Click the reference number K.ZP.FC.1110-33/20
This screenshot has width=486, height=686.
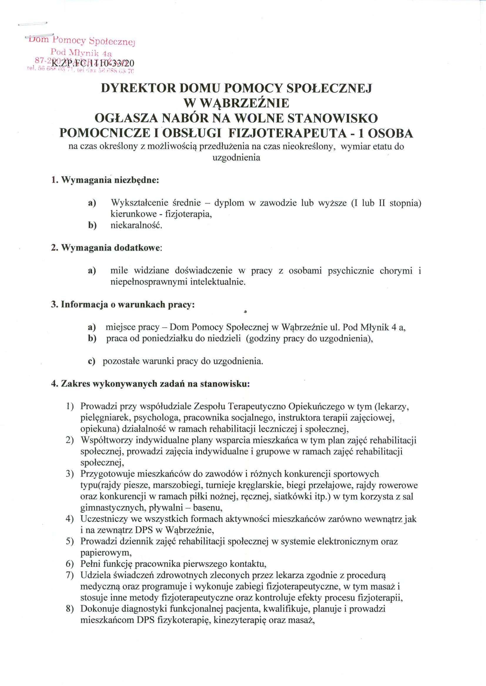[93, 64]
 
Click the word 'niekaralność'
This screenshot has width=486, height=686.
[136, 225]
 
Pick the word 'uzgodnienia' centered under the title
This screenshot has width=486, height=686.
[236, 158]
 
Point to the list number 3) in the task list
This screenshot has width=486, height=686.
[70, 482]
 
